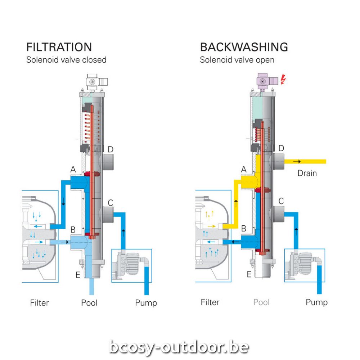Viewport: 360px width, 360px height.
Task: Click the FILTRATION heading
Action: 59,47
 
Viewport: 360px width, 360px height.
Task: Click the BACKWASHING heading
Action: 244,47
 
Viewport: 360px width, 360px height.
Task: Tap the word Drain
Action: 307,173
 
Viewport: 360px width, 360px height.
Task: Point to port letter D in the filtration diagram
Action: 111,149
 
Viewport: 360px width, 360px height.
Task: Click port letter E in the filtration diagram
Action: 78,275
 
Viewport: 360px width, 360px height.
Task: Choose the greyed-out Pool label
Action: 261,302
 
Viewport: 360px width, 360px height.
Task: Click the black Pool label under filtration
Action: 89,302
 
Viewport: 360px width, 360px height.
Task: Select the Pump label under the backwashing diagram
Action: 316,302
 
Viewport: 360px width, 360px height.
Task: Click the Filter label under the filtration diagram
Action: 39,303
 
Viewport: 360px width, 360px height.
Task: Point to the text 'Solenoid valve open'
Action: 237,60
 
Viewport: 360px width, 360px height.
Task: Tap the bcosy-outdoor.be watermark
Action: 179,347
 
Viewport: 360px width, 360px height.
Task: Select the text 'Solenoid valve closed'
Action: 66,60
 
